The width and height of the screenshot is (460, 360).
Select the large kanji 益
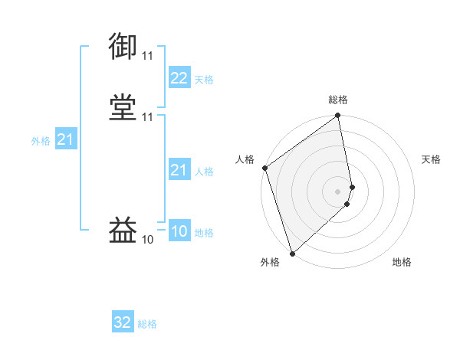point(123,230)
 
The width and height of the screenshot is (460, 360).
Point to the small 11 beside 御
point(147,56)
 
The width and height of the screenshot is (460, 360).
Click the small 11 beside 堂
point(147,117)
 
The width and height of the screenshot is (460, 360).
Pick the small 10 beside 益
point(147,240)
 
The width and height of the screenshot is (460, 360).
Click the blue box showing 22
point(179,78)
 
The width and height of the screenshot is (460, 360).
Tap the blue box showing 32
point(123,323)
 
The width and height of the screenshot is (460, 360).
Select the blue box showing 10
point(179,231)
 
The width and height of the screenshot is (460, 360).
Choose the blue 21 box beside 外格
point(65,139)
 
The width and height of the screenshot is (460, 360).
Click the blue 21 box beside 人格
point(179,170)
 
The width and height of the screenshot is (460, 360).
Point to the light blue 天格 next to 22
point(204,80)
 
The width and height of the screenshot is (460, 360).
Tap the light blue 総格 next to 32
point(147,325)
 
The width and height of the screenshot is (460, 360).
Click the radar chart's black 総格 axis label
point(338,100)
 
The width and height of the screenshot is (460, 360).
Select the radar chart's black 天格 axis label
point(432,159)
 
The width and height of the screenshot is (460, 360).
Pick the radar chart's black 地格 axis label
point(402,263)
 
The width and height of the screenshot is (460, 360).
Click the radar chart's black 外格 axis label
point(270,263)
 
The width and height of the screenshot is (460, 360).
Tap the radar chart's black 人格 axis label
point(245,159)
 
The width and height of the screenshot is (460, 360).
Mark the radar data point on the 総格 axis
point(338,116)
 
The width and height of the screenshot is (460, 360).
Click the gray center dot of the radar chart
point(338,191)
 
